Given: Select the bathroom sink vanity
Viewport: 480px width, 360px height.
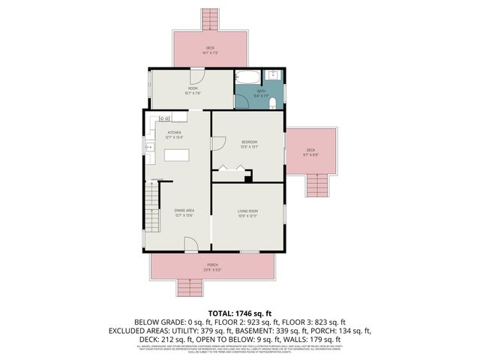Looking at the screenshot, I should coord(274,76).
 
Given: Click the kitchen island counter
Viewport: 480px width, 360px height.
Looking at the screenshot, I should coord(178,155).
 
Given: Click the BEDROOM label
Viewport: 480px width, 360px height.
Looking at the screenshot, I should coord(249,142).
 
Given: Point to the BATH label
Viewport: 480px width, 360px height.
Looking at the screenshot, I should coord(261,91).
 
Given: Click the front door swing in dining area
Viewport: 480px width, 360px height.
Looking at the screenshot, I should coord(190,243).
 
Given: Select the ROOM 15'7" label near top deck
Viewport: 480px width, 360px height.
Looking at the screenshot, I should coord(193,89).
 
